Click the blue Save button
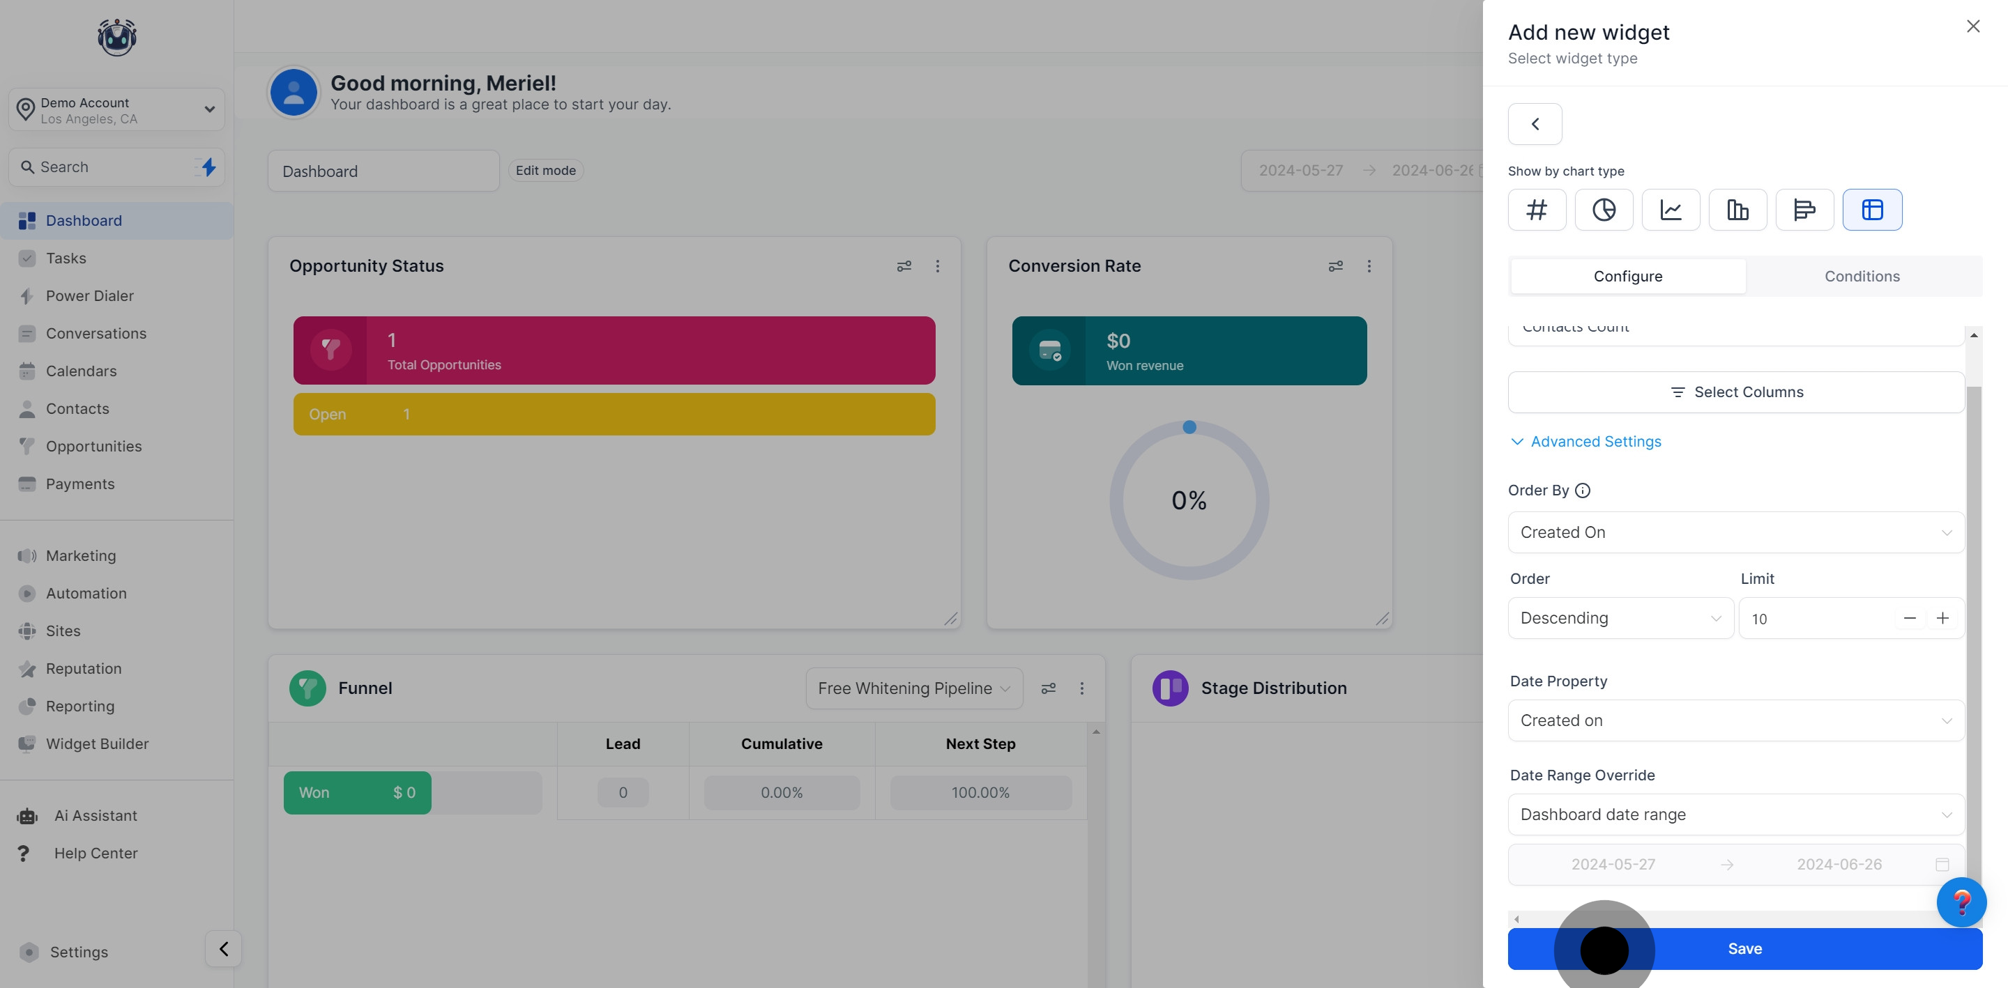click(x=1744, y=948)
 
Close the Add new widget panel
click(x=1973, y=26)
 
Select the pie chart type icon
click(x=1604, y=210)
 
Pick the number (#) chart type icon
click(x=1537, y=210)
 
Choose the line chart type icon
click(x=1671, y=210)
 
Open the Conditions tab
click(x=1862, y=277)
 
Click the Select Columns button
click(x=1736, y=392)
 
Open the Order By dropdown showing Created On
click(x=1736, y=532)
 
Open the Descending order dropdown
click(x=1620, y=618)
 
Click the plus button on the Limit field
click(x=1942, y=618)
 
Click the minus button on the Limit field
click(x=1910, y=618)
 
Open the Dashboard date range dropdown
click(x=1736, y=815)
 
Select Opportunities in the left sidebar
click(x=93, y=447)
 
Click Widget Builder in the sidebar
click(x=97, y=744)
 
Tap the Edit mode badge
click(x=546, y=171)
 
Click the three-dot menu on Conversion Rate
click(x=1369, y=266)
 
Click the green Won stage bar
click(x=357, y=792)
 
